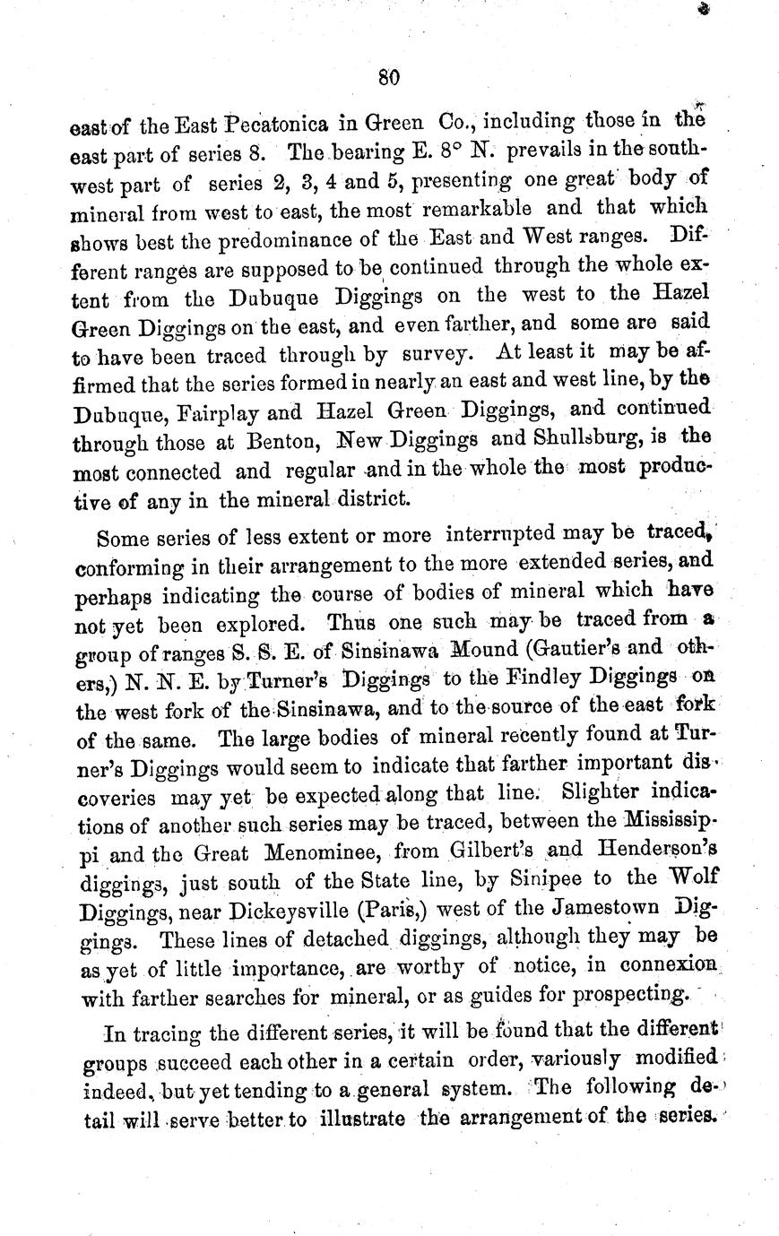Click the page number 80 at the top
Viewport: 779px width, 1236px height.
(388, 77)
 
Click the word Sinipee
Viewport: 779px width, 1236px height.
(525, 878)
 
